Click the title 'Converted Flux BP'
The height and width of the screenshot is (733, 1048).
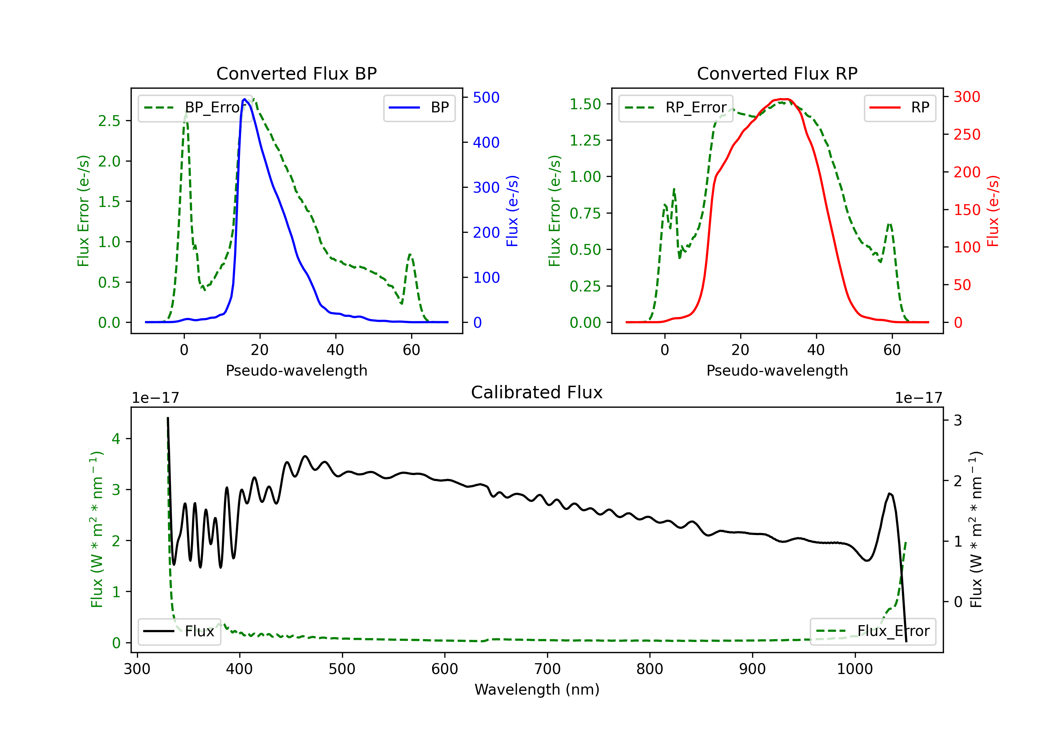coord(296,73)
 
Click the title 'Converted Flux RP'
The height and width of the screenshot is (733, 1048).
coord(777,73)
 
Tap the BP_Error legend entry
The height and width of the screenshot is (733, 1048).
coord(195,108)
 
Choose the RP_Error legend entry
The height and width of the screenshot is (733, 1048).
coord(676,108)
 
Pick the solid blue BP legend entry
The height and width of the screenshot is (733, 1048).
coord(419,108)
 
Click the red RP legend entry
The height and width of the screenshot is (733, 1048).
coord(899,108)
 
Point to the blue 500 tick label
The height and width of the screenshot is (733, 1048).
coord(486,97)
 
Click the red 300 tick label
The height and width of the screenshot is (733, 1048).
coord(967,97)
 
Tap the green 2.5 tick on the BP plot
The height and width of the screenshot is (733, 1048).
coord(109,121)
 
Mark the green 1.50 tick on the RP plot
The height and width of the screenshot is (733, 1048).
coord(585,104)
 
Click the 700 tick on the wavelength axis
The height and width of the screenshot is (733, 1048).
coord(547,669)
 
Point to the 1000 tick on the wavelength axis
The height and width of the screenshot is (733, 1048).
coord(855,669)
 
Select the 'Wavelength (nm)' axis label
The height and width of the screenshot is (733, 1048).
coord(537,689)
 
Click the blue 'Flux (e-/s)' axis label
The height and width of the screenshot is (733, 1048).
coord(512,211)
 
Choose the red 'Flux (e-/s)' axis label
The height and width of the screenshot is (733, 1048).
coord(993,211)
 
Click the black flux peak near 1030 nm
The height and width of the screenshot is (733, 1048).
coord(890,494)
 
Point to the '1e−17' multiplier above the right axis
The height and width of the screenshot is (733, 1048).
coord(918,398)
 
